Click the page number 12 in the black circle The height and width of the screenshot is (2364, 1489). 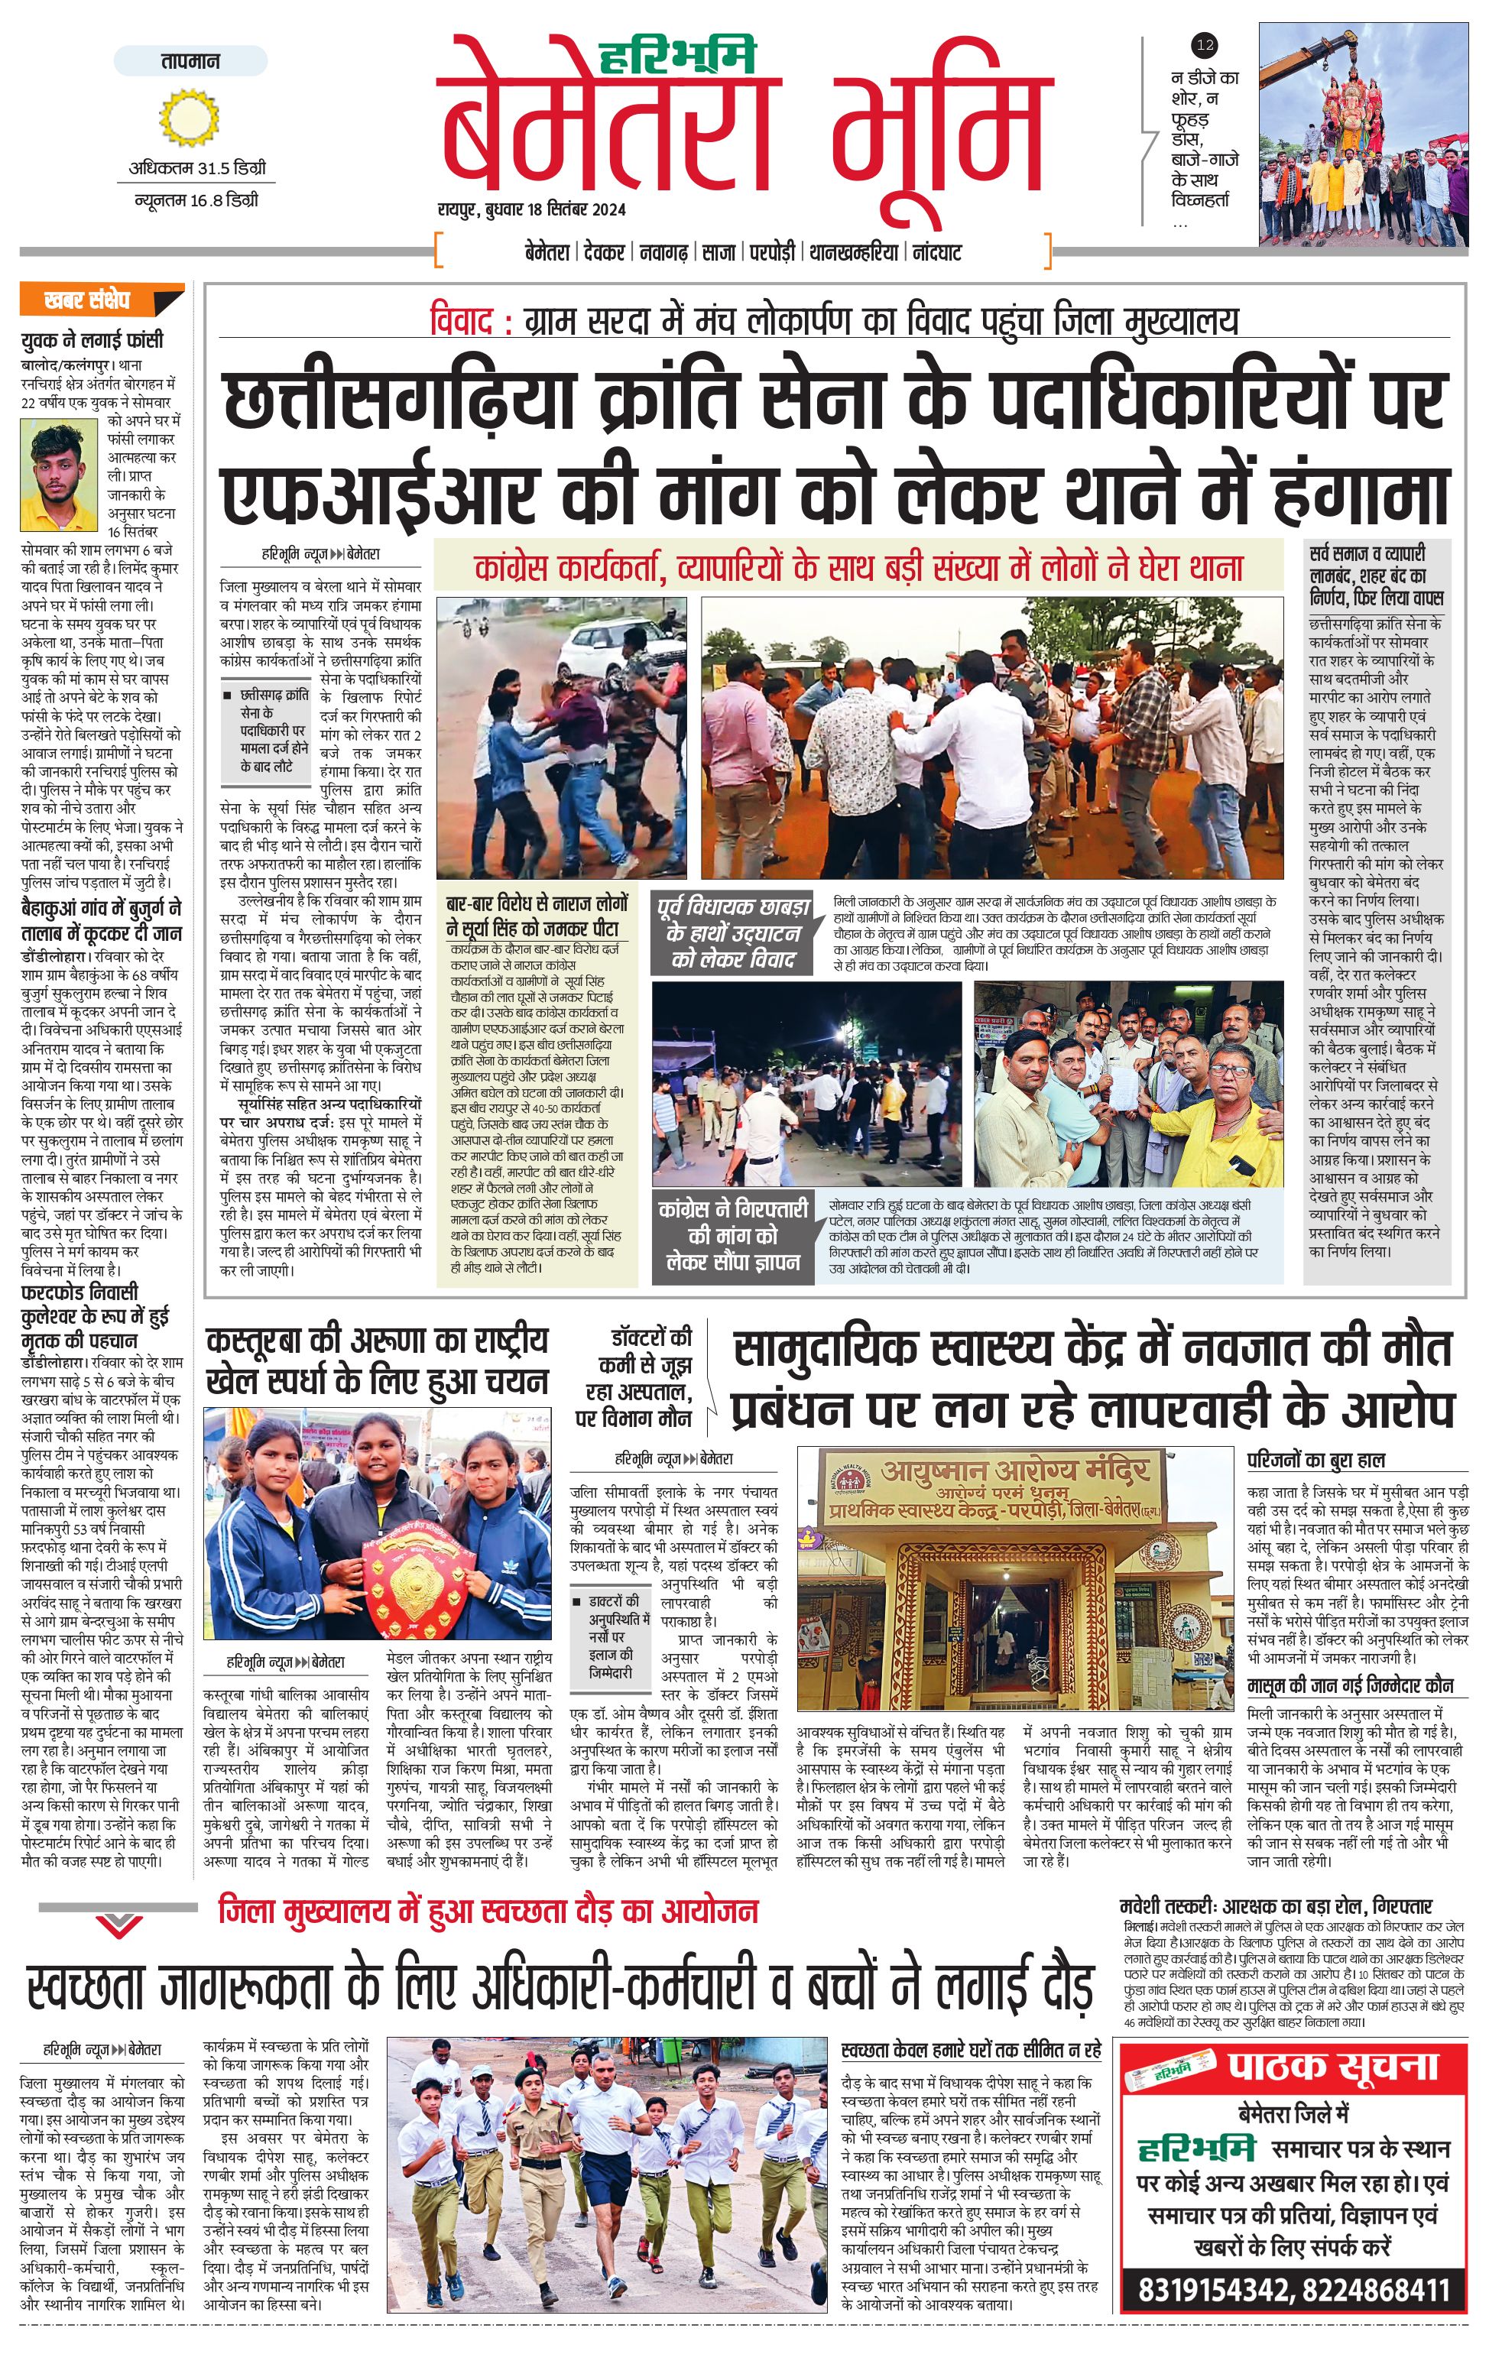tap(1205, 45)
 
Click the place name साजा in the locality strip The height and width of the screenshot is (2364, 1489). tap(719, 252)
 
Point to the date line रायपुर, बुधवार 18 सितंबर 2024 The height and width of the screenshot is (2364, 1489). tap(532, 209)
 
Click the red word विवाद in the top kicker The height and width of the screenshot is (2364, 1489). tap(464, 321)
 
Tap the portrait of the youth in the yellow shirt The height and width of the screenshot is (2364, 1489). tap(62, 475)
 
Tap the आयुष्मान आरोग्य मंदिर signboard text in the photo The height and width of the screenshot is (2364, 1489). tap(1015, 1471)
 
